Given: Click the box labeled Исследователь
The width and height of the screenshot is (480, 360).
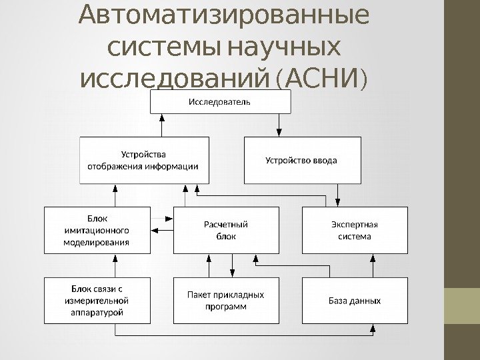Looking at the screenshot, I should [x=220, y=102].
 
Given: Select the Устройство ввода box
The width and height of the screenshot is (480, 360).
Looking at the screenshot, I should [x=301, y=160].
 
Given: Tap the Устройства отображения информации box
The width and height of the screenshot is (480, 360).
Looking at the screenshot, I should [x=143, y=160].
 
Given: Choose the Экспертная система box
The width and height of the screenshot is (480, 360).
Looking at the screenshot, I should [x=355, y=230].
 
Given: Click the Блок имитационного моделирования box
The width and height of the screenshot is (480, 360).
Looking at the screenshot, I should [x=96, y=230].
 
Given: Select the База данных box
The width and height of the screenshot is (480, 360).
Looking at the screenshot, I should [x=355, y=301].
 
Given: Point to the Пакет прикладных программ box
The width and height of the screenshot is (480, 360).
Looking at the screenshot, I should [x=225, y=301].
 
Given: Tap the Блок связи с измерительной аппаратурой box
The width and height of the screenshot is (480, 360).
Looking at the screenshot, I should [x=96, y=301].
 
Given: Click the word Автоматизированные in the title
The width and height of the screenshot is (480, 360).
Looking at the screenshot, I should [x=223, y=16].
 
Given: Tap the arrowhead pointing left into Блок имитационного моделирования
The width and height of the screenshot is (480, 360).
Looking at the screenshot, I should [x=153, y=231].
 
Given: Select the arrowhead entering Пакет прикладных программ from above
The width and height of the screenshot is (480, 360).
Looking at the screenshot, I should [x=231, y=273].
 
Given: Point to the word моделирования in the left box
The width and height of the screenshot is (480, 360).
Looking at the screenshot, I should [x=96, y=243].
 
